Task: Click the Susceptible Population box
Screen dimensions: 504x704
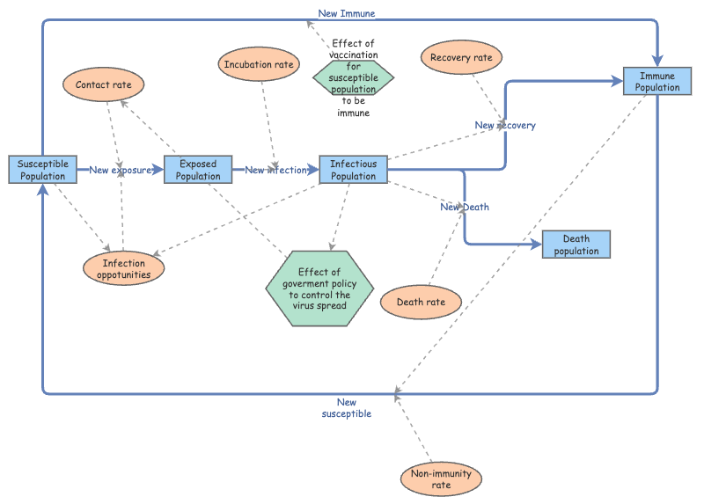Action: click(41, 170)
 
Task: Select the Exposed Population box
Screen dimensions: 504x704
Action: click(198, 170)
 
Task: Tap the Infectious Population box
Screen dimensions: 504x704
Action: click(353, 170)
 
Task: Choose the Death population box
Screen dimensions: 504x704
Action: click(576, 245)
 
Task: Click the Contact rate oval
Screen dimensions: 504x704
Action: click(104, 84)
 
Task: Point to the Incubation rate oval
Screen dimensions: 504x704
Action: click(260, 64)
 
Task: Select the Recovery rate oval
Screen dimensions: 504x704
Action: click(461, 58)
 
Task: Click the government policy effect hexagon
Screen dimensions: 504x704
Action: click(320, 289)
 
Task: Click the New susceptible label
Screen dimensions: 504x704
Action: click(347, 407)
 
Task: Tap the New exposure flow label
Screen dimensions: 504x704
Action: click(120, 170)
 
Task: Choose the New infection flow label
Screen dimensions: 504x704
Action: click(275, 170)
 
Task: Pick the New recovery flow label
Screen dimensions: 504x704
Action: click(505, 125)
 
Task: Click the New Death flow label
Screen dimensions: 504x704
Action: click(465, 207)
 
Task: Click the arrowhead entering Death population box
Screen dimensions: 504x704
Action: click(536, 245)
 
